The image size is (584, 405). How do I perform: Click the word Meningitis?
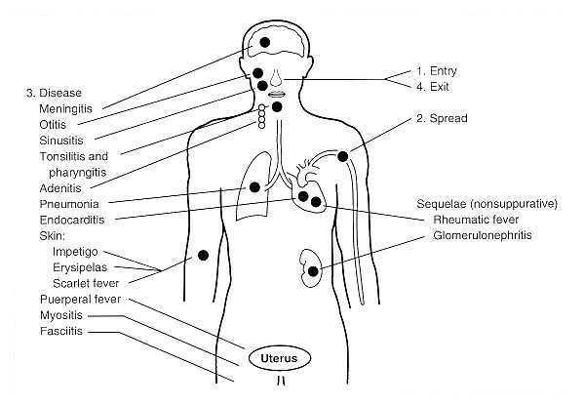[x=65, y=109]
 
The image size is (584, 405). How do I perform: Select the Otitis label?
[x=53, y=125]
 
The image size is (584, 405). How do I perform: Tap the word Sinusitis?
[x=61, y=141]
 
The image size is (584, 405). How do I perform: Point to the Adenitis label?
[x=60, y=188]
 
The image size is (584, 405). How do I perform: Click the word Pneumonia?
[x=69, y=204]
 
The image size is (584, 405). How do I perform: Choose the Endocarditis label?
[x=72, y=220]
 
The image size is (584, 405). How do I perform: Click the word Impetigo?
[x=75, y=252]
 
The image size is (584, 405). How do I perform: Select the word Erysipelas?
[x=80, y=267]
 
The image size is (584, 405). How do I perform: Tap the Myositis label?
[x=61, y=315]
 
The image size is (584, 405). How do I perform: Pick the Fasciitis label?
[x=61, y=331]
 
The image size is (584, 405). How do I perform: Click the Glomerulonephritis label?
[x=483, y=235]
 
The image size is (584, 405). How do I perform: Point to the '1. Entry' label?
[x=436, y=71]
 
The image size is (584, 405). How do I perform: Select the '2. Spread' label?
[x=442, y=119]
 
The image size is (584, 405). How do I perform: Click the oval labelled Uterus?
[x=280, y=358]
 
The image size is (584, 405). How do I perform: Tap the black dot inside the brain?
[x=265, y=43]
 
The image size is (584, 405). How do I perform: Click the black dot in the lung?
[x=254, y=187]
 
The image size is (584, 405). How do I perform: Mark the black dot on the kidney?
[x=313, y=271]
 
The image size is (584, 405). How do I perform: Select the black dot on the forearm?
[x=204, y=256]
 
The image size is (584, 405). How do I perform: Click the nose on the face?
[x=276, y=78]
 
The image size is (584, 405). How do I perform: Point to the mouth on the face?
[x=276, y=94]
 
